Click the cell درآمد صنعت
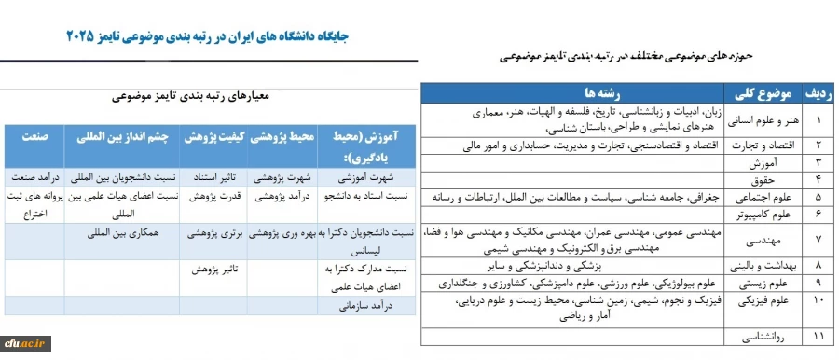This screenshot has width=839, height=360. coord(35,176)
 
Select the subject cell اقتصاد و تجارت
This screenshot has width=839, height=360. coord(761,145)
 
